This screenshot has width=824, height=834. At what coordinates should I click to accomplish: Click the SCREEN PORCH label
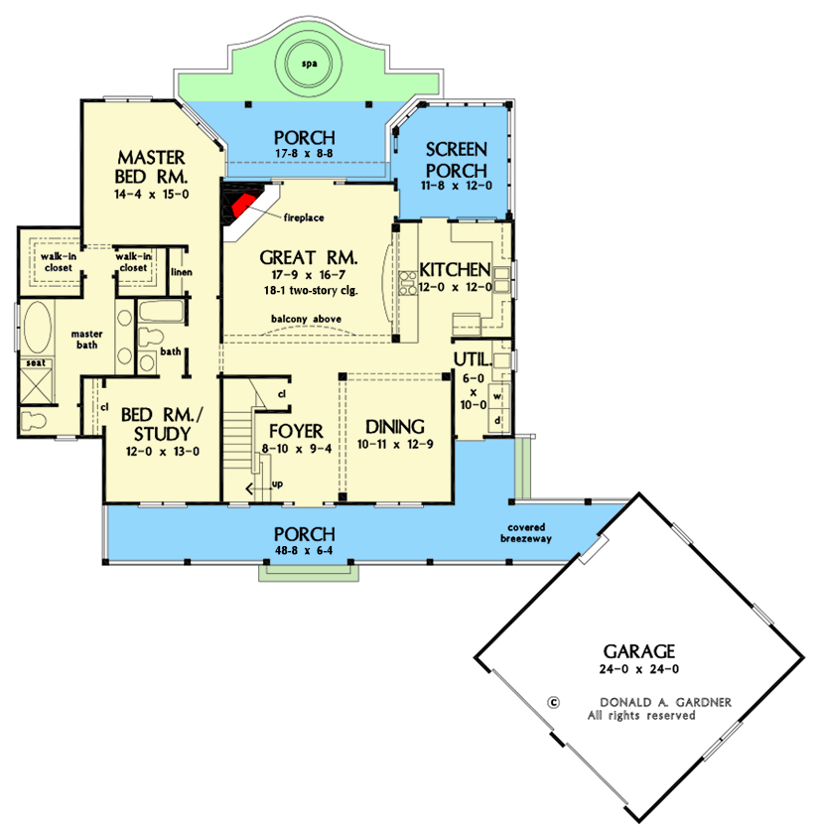pyautogui.click(x=456, y=159)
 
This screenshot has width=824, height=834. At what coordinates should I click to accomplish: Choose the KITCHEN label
pyautogui.click(x=455, y=269)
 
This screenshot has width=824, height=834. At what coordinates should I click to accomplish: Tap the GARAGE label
pyautogui.click(x=639, y=651)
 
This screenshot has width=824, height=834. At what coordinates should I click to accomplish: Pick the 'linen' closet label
pyautogui.click(x=181, y=271)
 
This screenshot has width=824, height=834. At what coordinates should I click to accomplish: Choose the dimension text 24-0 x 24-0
pyautogui.click(x=639, y=670)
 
